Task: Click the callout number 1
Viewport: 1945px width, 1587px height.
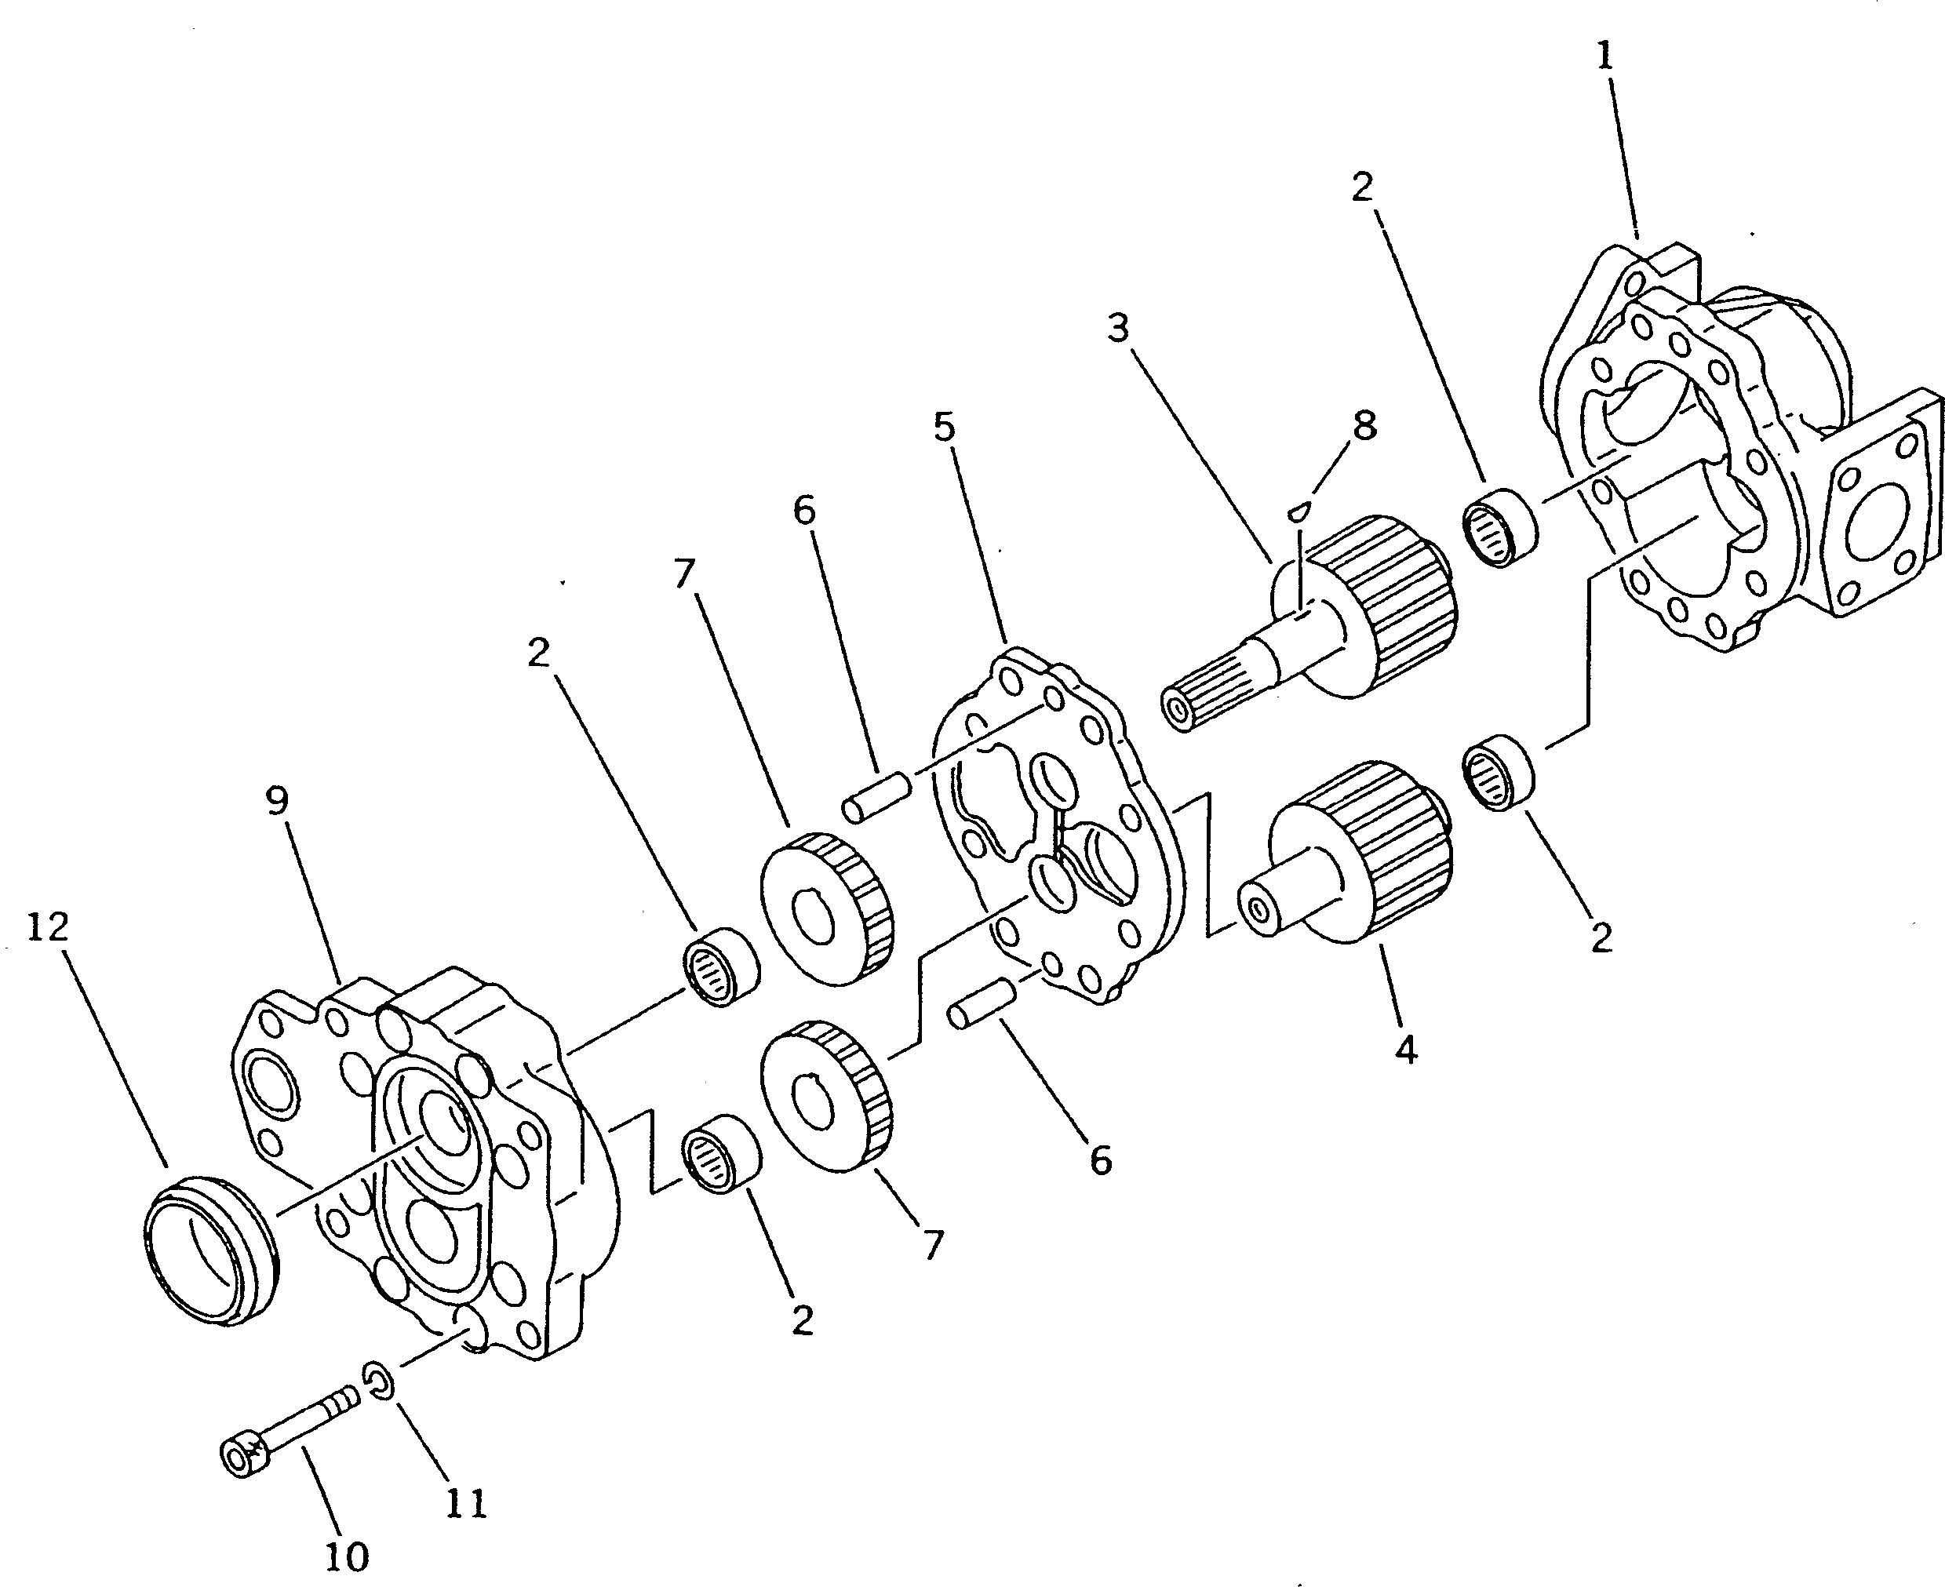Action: point(1604,56)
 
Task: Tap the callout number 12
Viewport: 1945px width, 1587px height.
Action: point(48,928)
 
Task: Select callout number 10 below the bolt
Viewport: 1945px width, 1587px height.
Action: point(347,1556)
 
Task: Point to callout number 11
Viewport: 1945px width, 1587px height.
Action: point(465,1503)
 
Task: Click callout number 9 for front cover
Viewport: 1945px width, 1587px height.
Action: point(277,801)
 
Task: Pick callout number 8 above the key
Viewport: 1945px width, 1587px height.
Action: point(1364,425)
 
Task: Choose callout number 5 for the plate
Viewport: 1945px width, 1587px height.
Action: point(945,426)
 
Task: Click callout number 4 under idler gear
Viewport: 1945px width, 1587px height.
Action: point(1407,1050)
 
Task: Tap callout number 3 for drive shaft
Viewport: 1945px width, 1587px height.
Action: point(1118,327)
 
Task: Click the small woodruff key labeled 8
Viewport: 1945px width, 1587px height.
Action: point(1299,508)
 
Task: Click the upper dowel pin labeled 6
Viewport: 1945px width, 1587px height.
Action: point(875,796)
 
